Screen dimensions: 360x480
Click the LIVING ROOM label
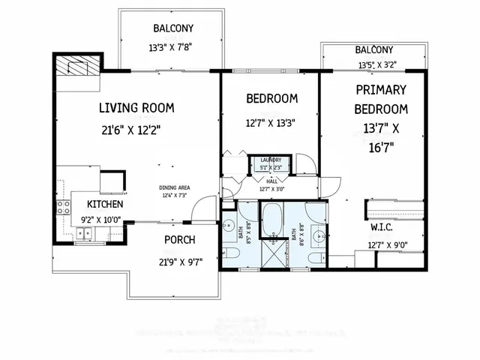click(136, 108)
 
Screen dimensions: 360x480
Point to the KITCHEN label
click(105, 204)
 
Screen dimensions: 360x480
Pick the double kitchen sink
click(84, 233)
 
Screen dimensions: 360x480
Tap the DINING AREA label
click(173, 188)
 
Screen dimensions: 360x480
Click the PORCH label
click(179, 240)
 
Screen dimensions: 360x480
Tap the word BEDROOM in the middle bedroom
click(271, 98)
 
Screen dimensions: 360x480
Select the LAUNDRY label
click(271, 160)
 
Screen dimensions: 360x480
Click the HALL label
click(271, 181)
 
